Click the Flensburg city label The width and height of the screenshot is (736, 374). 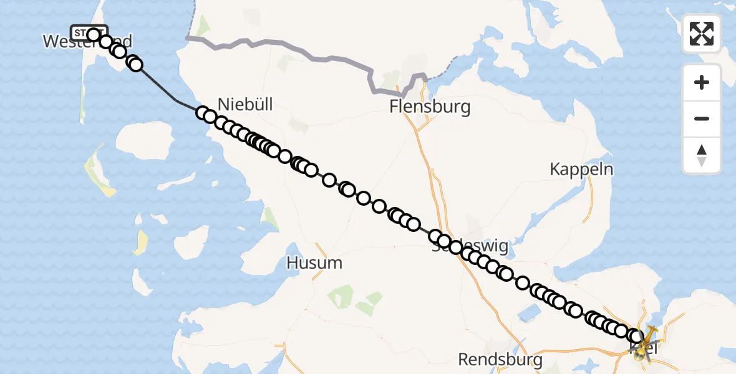point(430,107)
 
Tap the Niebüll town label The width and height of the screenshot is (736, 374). point(246,103)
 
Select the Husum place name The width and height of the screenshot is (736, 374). point(314,263)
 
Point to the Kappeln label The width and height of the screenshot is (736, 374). point(581,169)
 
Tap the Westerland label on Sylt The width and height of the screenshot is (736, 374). point(87,42)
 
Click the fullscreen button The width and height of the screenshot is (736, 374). point(702,34)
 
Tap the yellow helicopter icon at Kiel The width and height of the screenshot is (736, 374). point(646,340)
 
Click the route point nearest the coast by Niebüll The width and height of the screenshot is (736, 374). point(202,113)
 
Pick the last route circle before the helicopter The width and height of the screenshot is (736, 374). point(636,337)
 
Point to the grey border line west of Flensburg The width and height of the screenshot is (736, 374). point(312,57)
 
